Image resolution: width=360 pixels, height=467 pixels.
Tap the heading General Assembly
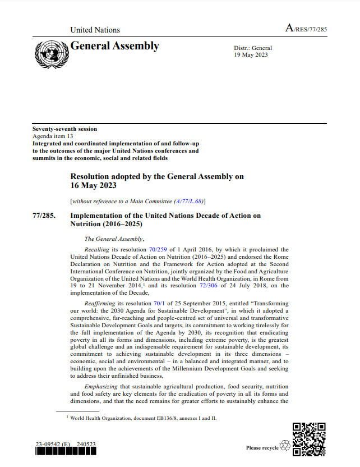tap(114, 47)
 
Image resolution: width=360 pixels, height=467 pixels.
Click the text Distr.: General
tap(253, 49)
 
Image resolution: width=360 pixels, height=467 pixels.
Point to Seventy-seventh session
tap(64, 129)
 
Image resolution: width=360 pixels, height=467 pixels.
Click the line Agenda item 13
tap(53, 136)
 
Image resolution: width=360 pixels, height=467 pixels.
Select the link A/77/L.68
tap(190, 201)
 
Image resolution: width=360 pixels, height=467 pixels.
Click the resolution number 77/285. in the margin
tap(44, 216)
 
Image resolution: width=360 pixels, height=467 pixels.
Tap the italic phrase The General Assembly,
tap(114, 239)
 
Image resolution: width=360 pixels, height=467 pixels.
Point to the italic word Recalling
tap(96, 249)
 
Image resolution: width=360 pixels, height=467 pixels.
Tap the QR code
tap(310, 438)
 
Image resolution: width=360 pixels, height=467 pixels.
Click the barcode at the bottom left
tap(66, 453)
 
